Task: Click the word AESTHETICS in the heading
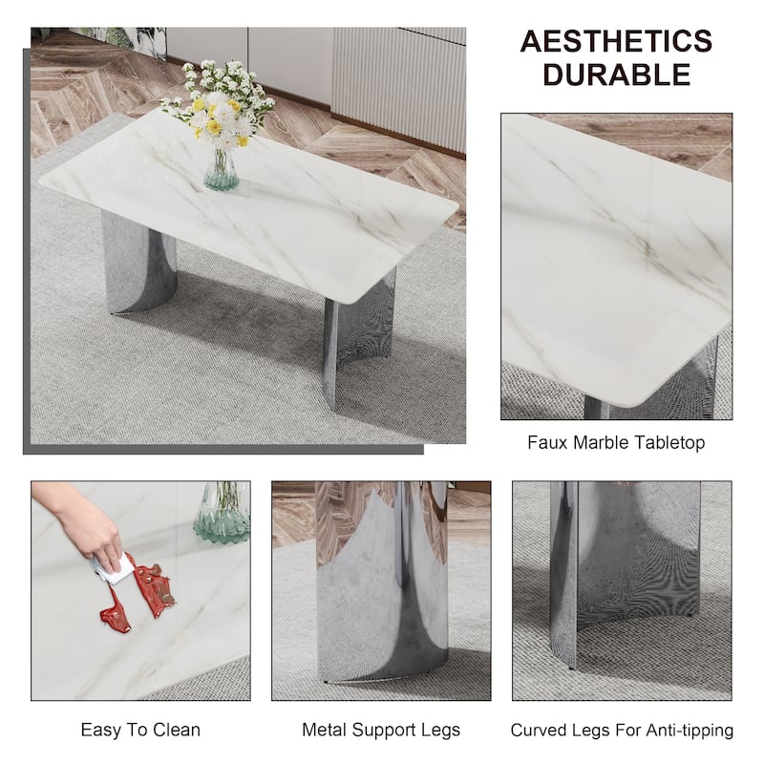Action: click(x=616, y=41)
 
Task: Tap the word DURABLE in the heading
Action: click(x=616, y=74)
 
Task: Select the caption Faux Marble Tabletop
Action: click(x=616, y=442)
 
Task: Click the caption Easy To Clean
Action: click(x=140, y=730)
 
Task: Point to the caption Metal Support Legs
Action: click(x=381, y=730)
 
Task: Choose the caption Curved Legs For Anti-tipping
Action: click(x=622, y=730)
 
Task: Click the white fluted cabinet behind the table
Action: click(x=401, y=76)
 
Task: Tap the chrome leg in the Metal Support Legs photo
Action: click(x=382, y=587)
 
